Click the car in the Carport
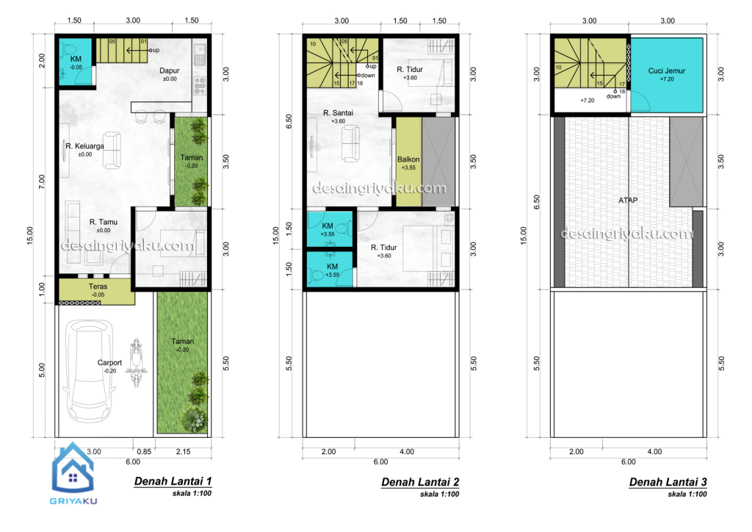coord(89,371)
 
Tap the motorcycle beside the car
coord(137,363)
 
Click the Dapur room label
coord(170,71)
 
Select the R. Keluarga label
coord(85,145)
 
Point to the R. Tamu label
coord(103,222)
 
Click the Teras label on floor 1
coord(98,287)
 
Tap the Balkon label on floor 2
coord(408,159)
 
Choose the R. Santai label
coord(338,112)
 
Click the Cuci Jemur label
coord(667,71)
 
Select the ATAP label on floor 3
coord(628,200)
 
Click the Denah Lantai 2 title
coord(420,481)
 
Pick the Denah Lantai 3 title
coord(668,481)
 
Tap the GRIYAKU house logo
coord(73,468)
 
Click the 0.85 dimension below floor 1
coord(144,451)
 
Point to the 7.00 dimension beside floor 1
coord(42,181)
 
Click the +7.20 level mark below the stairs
coord(587,100)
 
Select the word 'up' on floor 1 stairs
coord(156,50)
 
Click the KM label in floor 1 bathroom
coord(76,59)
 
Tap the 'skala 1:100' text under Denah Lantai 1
coord(192,493)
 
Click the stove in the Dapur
coord(200,85)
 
